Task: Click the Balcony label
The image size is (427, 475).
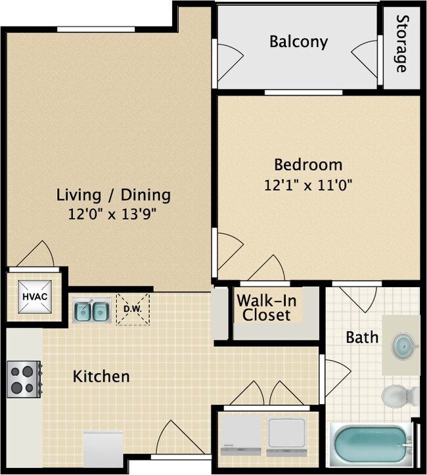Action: tap(298, 42)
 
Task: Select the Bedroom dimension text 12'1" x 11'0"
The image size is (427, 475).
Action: tap(308, 185)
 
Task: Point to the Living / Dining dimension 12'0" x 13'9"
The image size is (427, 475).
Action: tap(114, 214)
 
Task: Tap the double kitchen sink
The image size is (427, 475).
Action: tap(91, 310)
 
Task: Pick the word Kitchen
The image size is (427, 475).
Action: tap(101, 376)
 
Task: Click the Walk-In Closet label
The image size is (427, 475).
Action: tap(264, 307)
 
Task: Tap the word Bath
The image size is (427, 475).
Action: tap(362, 337)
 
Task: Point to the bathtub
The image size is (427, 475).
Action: tap(371, 444)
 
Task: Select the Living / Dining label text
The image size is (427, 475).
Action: tap(114, 194)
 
